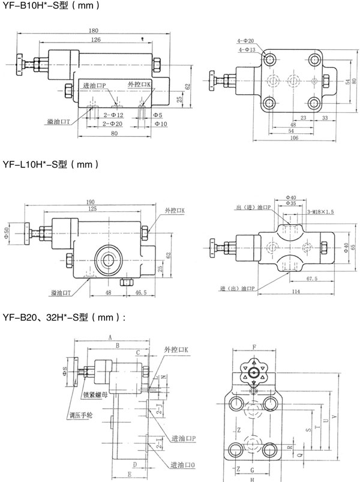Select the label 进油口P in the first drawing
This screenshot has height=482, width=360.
click(95, 86)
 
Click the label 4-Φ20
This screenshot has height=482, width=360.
click(247, 41)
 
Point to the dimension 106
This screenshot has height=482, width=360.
click(290, 137)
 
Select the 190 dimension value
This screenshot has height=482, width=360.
click(89, 202)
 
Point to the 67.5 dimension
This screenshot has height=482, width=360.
click(310, 279)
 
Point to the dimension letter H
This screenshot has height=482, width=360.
click(253, 478)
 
